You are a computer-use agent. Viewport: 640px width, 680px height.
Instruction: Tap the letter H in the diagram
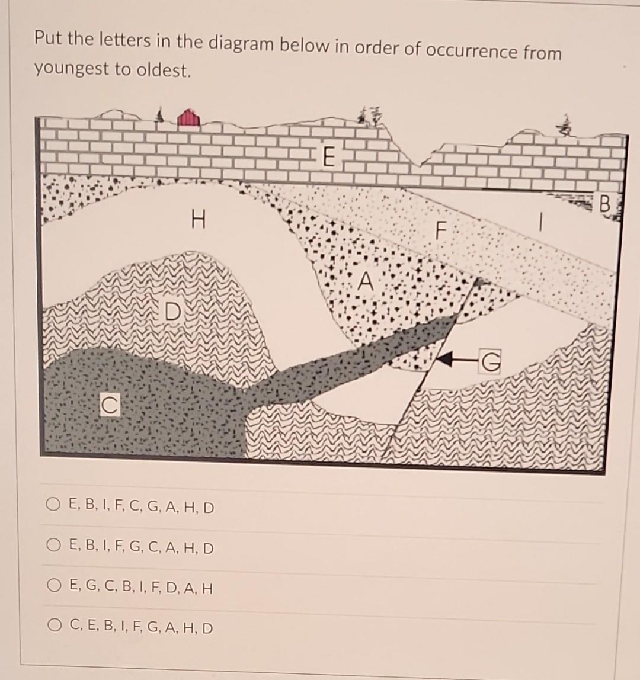point(198,222)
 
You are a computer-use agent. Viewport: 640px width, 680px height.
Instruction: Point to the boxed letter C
point(107,406)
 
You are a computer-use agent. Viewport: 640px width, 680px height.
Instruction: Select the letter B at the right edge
point(604,205)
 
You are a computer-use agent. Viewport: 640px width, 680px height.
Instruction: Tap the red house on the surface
point(188,117)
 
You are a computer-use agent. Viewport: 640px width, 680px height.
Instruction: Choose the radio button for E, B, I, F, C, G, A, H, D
point(53,507)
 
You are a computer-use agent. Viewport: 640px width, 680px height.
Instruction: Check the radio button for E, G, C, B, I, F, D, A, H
point(53,588)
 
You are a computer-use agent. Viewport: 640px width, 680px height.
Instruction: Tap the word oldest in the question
point(167,70)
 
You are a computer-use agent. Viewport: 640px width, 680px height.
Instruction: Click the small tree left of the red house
point(159,115)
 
